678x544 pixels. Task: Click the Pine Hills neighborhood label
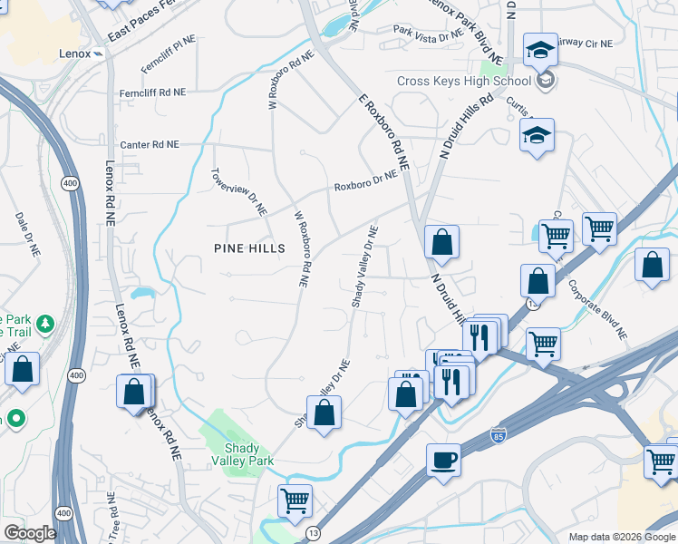pyautogui.click(x=249, y=248)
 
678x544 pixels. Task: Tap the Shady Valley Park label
pyautogui.click(x=243, y=454)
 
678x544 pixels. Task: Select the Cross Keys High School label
pyautogui.click(x=450, y=82)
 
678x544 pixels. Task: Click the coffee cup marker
pyautogui.click(x=443, y=460)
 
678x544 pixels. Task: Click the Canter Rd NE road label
pyautogui.click(x=150, y=145)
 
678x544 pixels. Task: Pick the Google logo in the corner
pyautogui.click(x=29, y=533)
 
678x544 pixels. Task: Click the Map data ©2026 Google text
pyautogui.click(x=621, y=537)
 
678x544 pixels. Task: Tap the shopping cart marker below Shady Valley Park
pyautogui.click(x=295, y=500)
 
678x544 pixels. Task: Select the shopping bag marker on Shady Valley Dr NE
pyautogui.click(x=324, y=413)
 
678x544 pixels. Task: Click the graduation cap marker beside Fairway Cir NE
pyautogui.click(x=540, y=50)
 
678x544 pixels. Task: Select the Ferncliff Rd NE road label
pyautogui.click(x=152, y=92)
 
